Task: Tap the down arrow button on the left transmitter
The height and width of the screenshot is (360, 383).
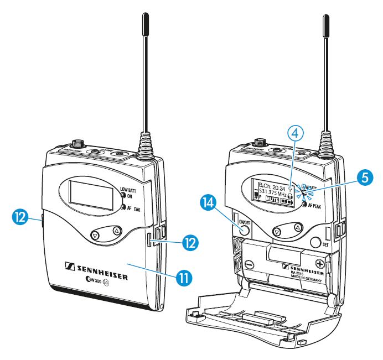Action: pyautogui.click(x=95, y=235)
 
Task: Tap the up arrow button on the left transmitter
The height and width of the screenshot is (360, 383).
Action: pyautogui.click(x=116, y=229)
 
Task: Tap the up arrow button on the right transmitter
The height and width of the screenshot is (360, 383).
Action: pyautogui.click(x=297, y=227)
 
